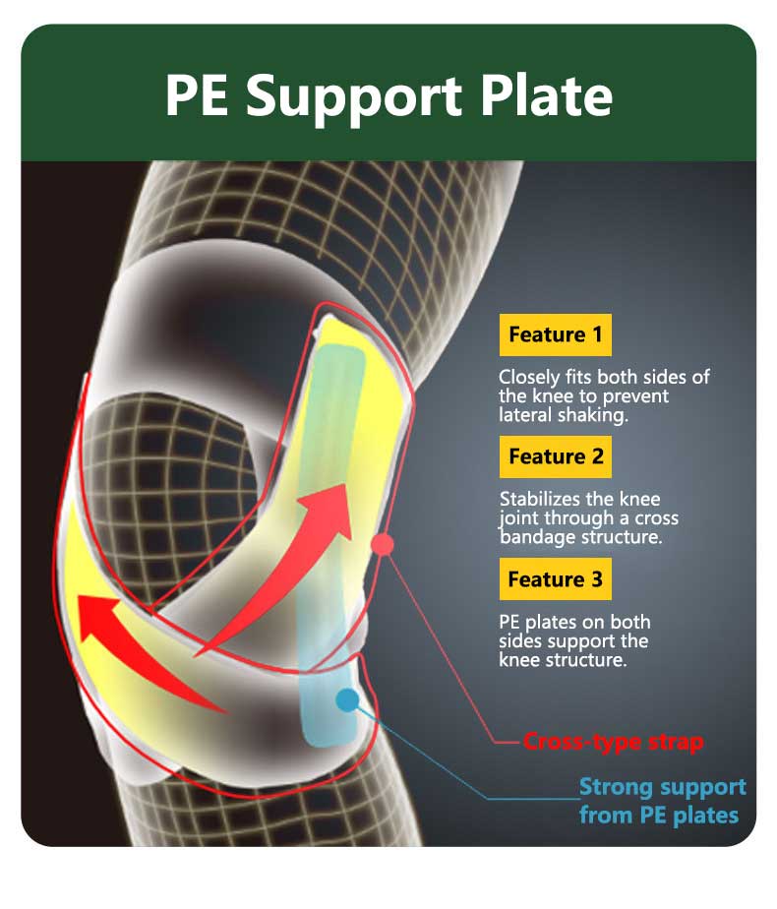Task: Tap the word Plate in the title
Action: point(547,94)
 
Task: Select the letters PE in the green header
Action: point(197,95)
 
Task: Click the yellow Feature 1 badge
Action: point(555,334)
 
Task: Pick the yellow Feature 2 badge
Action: point(555,456)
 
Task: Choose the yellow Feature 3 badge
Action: point(555,579)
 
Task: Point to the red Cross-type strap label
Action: point(613,742)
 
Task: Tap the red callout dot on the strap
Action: point(382,544)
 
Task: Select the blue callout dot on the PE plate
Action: point(347,699)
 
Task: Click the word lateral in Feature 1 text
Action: point(525,415)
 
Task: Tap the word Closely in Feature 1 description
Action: point(529,378)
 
